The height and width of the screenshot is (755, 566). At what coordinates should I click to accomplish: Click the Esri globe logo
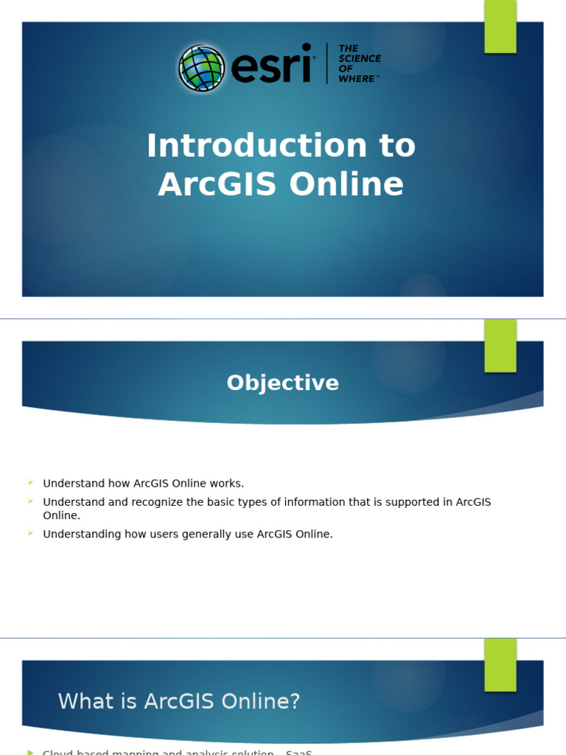click(x=201, y=69)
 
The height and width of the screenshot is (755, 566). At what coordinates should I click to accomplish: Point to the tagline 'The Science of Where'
click(x=359, y=63)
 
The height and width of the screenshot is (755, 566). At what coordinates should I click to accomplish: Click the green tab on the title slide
click(x=500, y=27)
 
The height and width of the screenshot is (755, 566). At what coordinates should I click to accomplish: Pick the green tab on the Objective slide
click(x=500, y=346)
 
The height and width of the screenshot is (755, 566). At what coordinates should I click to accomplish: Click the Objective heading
click(x=283, y=383)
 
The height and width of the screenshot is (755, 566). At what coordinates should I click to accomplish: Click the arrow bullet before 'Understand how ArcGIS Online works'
click(x=31, y=482)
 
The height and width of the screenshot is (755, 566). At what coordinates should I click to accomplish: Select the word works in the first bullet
click(x=227, y=484)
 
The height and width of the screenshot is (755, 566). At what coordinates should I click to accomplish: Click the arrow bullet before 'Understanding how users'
click(x=31, y=532)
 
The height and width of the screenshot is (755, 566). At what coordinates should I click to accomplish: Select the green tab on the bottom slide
click(x=500, y=664)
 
